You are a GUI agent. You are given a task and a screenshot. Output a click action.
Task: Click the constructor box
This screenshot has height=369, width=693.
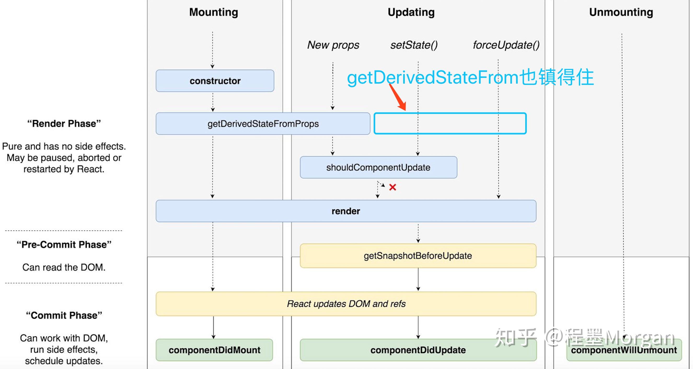tap(215, 81)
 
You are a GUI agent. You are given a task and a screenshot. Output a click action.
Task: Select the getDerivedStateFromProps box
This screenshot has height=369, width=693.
tap(263, 124)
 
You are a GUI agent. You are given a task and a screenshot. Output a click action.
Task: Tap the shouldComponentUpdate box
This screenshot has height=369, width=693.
tap(378, 167)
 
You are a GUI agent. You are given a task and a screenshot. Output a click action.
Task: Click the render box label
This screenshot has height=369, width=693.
tap(346, 211)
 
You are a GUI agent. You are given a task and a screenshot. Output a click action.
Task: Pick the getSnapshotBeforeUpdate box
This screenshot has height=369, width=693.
tap(418, 256)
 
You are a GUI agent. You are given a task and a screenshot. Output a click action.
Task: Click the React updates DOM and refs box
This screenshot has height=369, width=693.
tap(346, 304)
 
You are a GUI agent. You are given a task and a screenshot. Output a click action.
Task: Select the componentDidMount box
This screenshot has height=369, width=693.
tap(215, 350)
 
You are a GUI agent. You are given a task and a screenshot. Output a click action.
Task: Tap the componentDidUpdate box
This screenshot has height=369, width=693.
tap(418, 350)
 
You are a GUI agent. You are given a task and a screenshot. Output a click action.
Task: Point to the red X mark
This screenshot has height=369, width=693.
tap(392, 187)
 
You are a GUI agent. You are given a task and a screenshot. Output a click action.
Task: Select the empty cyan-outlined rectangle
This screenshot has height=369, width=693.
tap(450, 123)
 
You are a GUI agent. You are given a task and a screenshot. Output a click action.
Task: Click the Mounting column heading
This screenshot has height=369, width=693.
tap(213, 12)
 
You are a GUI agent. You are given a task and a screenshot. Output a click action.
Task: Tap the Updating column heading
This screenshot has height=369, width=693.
tap(411, 12)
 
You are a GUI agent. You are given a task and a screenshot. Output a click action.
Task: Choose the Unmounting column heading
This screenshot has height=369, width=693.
tap(621, 12)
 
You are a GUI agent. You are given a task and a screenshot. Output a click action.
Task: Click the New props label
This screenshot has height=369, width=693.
tap(333, 45)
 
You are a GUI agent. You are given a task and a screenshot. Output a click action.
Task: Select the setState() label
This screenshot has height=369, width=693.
tap(414, 45)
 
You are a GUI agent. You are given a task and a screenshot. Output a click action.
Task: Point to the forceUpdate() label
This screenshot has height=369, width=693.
tap(506, 45)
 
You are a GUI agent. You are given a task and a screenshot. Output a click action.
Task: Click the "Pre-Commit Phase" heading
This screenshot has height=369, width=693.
tap(64, 245)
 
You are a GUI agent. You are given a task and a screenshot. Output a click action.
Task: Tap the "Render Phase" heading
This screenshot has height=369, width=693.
tap(64, 123)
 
